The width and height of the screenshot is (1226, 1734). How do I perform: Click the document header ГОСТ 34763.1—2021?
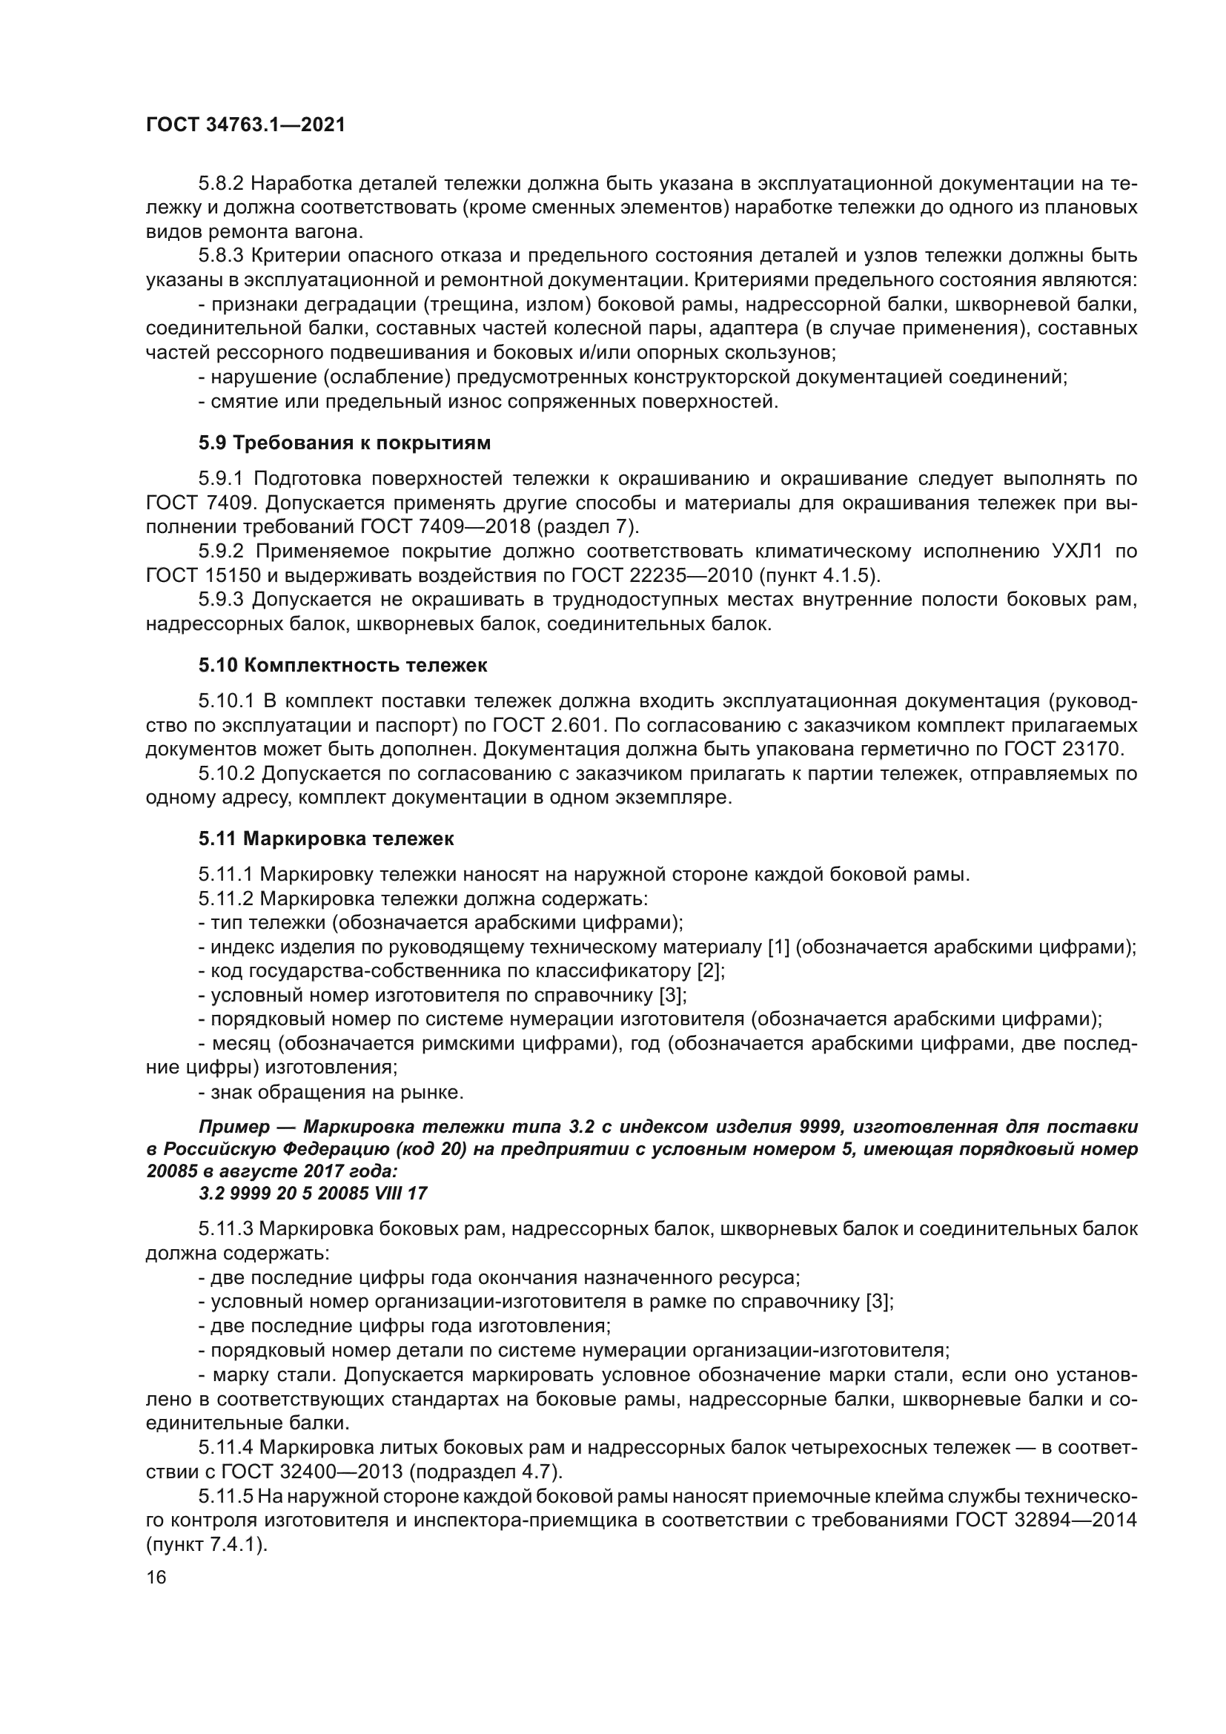pos(245,125)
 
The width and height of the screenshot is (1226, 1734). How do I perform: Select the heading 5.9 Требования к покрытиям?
pos(344,443)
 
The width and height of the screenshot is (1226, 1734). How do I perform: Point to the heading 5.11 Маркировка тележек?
pos(326,838)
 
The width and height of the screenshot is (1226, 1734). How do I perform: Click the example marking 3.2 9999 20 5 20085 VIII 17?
pos(313,1194)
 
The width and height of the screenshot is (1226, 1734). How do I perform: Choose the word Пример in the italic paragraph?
pos(235,1127)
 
